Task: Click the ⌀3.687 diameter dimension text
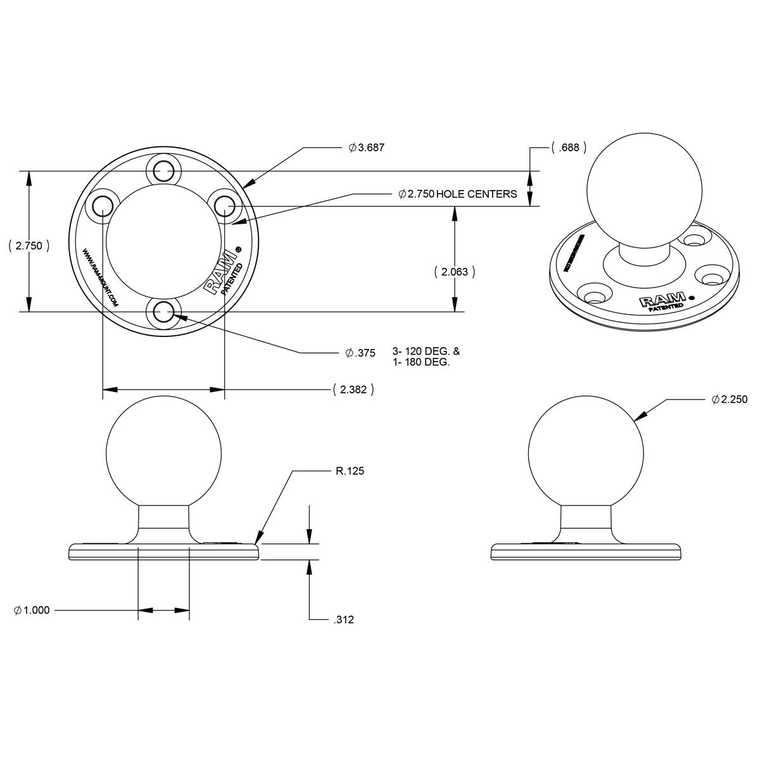click(x=367, y=148)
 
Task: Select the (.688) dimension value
click(x=568, y=148)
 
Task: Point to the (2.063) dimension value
click(x=454, y=272)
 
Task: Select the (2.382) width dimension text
click(x=353, y=389)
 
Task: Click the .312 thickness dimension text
click(x=343, y=619)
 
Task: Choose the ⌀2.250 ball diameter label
click(x=729, y=400)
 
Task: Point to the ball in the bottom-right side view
click(x=586, y=452)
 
